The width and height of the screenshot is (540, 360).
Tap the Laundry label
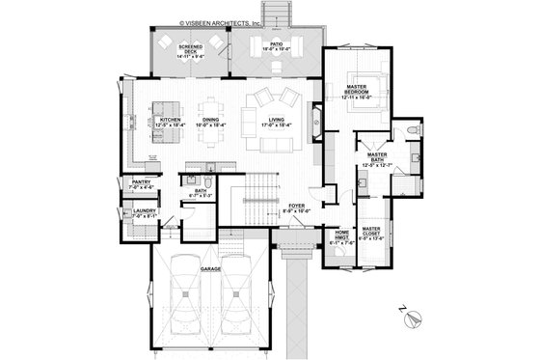pyautogui.click(x=133, y=213)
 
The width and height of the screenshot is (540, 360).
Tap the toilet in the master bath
pyautogui.click(x=412, y=130)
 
